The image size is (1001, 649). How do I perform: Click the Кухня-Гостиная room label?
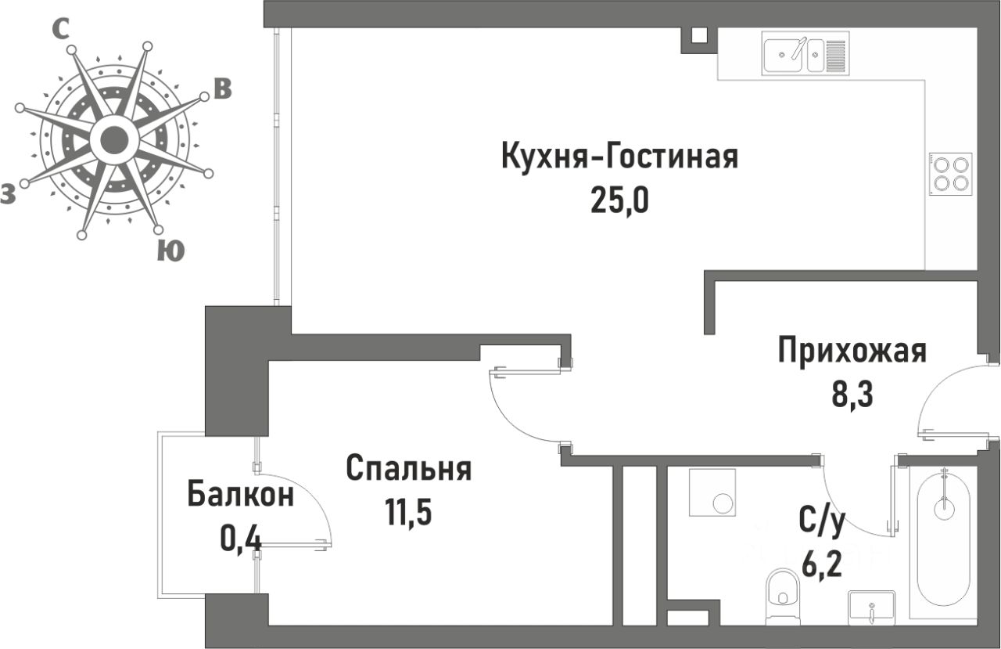pyautogui.click(x=620, y=157)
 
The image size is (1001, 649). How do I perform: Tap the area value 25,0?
pyautogui.click(x=619, y=200)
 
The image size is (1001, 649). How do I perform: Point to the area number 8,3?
pyautogui.click(x=852, y=395)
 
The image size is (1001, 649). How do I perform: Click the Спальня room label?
pyautogui.click(x=408, y=468)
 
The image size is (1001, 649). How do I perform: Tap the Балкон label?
pyautogui.click(x=241, y=494)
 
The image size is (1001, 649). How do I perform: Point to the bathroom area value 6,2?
pyautogui.click(x=822, y=564)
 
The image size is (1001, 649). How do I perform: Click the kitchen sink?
pyautogui.click(x=805, y=54)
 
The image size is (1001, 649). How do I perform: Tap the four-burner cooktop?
pyautogui.click(x=950, y=174)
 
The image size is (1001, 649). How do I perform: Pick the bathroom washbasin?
pyautogui.click(x=871, y=608)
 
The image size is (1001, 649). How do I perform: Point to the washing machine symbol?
pyautogui.click(x=712, y=492)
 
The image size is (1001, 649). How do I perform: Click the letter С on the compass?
pyautogui.click(x=61, y=29)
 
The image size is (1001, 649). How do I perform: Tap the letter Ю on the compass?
pyautogui.click(x=170, y=251)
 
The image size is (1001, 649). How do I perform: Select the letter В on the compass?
pyautogui.click(x=222, y=89)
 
